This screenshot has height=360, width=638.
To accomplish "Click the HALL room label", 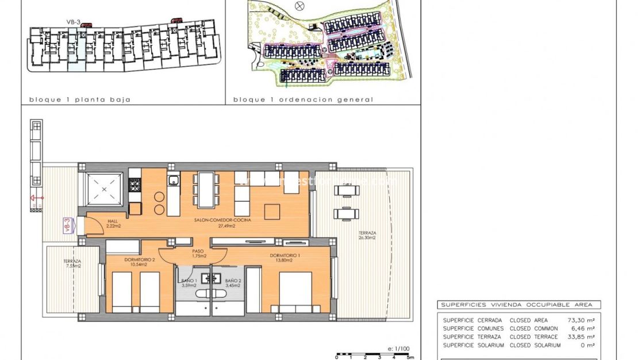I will (112, 221).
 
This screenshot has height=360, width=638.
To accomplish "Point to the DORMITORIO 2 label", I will (139, 260).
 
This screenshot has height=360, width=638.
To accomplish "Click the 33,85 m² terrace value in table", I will (582, 337).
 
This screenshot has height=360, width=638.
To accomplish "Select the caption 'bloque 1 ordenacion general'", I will (303, 99).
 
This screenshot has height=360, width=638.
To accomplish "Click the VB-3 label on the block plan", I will (72, 22).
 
